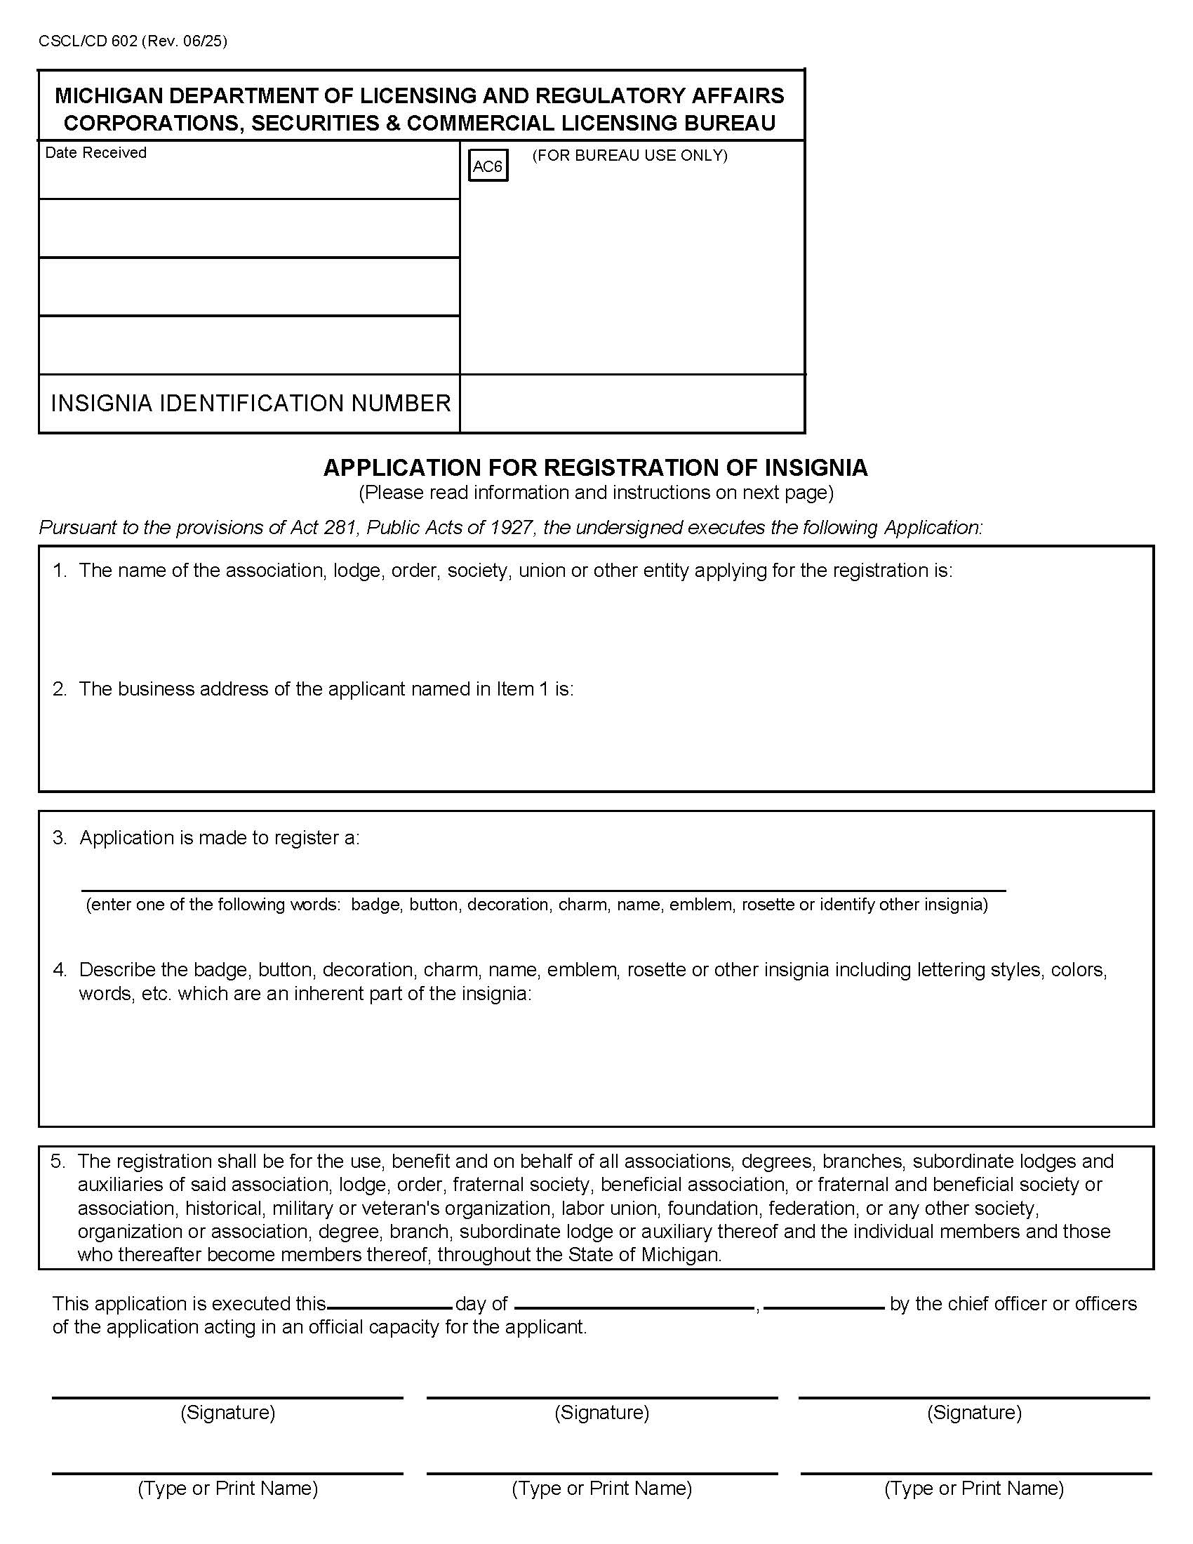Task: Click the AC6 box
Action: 488,167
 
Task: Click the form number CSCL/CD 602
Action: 88,41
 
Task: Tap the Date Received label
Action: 95,153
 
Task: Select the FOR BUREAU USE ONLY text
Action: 629,156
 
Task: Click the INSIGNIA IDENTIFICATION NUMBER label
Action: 251,403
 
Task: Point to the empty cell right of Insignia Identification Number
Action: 632,403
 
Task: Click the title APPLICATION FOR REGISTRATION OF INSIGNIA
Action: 595,467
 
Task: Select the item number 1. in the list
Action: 60,571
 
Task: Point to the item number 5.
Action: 58,1161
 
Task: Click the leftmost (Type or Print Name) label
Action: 227,1488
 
